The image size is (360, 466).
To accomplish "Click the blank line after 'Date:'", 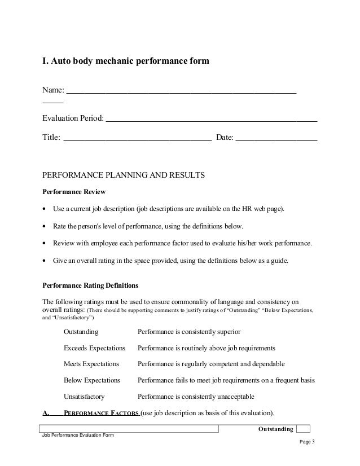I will coord(276,139).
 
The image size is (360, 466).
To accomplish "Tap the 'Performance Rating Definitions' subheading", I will coord(90,285).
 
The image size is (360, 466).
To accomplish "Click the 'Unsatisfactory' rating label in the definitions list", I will coord(84,397).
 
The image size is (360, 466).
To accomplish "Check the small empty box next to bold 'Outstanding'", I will coord(303,429).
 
